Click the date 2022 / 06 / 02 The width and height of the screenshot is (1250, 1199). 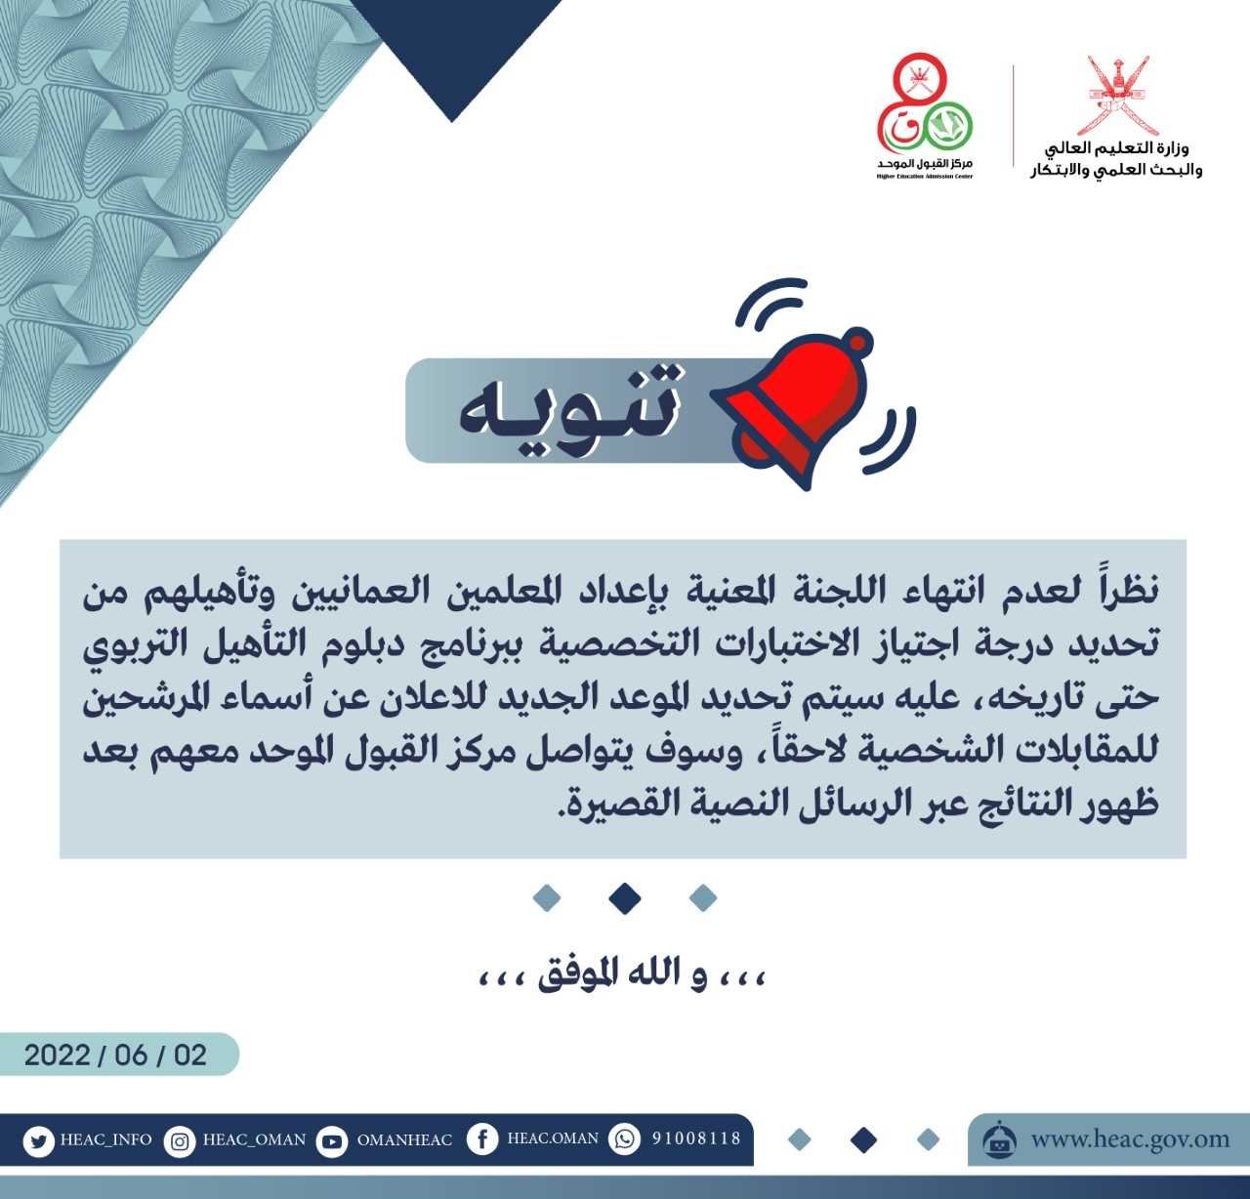(115, 1055)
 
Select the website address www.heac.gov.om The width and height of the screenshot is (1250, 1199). (1131, 1139)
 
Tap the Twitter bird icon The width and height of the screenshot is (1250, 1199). (38, 1141)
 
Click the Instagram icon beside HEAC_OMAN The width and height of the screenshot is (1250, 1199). (180, 1141)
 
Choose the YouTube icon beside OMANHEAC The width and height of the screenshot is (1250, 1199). (332, 1141)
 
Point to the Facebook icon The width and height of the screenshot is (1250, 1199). (482, 1139)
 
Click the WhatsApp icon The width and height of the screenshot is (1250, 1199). (624, 1139)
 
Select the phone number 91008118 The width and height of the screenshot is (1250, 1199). (697, 1138)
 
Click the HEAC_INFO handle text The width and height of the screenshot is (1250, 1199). (106, 1139)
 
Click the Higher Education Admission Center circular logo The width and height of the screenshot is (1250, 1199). (925, 105)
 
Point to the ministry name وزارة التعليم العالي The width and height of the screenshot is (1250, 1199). (1117, 149)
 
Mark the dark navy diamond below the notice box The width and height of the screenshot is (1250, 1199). (624, 898)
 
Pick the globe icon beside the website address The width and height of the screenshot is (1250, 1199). (1000, 1138)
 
